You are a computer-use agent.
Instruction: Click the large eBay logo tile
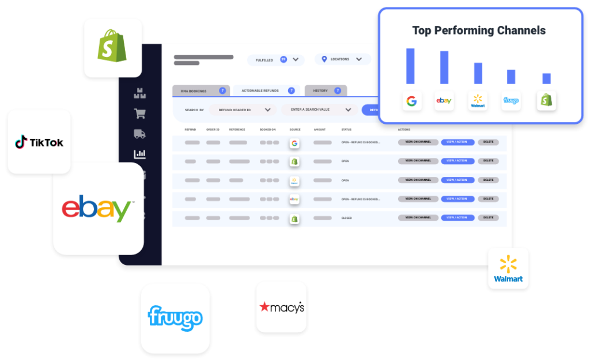click(x=98, y=209)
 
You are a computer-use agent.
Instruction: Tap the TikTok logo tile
click(x=39, y=142)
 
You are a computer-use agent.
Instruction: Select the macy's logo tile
click(x=281, y=307)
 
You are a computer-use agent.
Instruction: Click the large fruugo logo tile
click(x=175, y=318)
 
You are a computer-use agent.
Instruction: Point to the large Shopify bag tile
click(x=113, y=48)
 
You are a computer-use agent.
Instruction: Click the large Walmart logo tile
click(x=508, y=268)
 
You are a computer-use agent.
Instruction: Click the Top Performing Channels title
click(x=479, y=31)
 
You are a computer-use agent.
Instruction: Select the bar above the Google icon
click(x=410, y=66)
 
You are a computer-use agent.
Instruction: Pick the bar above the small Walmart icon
click(x=478, y=73)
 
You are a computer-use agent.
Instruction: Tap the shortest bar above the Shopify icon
click(x=546, y=78)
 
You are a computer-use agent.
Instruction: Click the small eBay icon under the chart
click(x=444, y=101)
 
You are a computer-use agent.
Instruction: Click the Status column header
click(x=346, y=130)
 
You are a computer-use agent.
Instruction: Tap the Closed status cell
click(x=346, y=218)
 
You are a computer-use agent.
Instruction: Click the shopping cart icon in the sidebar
click(x=139, y=113)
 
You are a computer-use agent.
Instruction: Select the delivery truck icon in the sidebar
click(x=139, y=134)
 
